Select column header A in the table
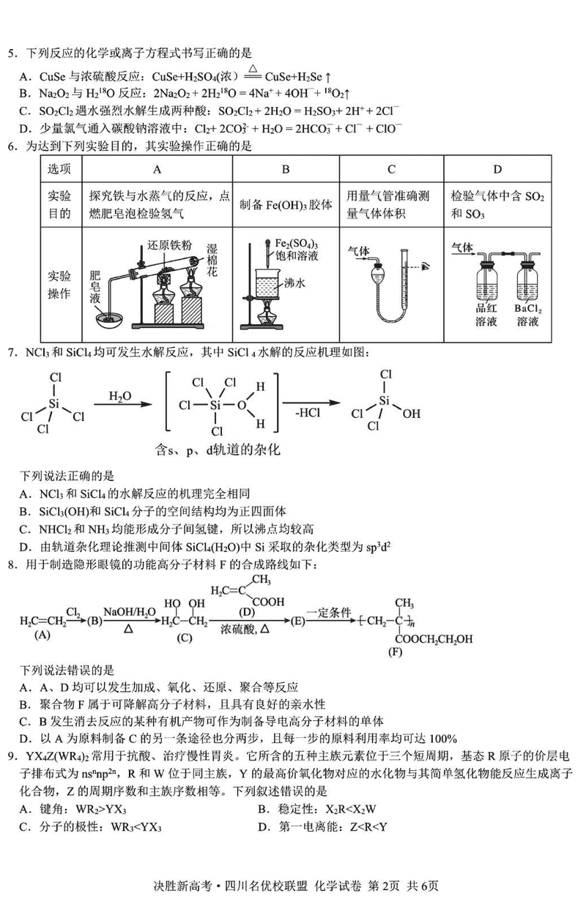[x=156, y=170]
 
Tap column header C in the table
[x=391, y=170]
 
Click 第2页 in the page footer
[x=387, y=887]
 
